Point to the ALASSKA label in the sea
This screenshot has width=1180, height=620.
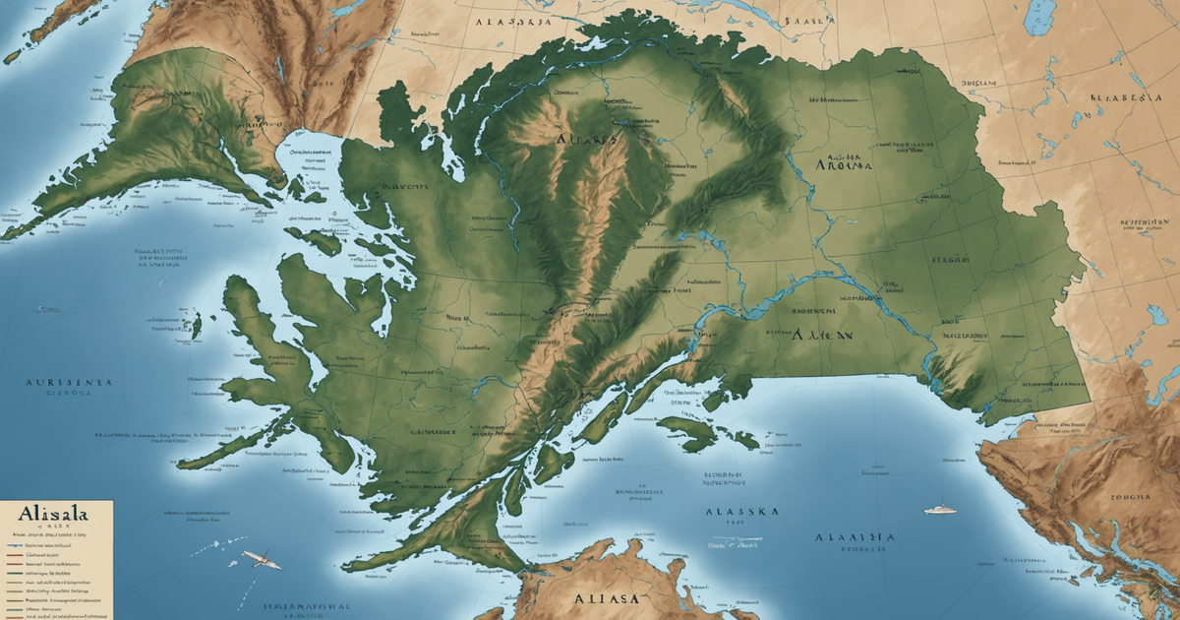[x=742, y=513]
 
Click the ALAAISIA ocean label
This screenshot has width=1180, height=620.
[x=855, y=537]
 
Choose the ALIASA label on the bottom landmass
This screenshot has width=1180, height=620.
[x=606, y=598]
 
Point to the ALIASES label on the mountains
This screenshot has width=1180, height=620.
[x=587, y=140]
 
